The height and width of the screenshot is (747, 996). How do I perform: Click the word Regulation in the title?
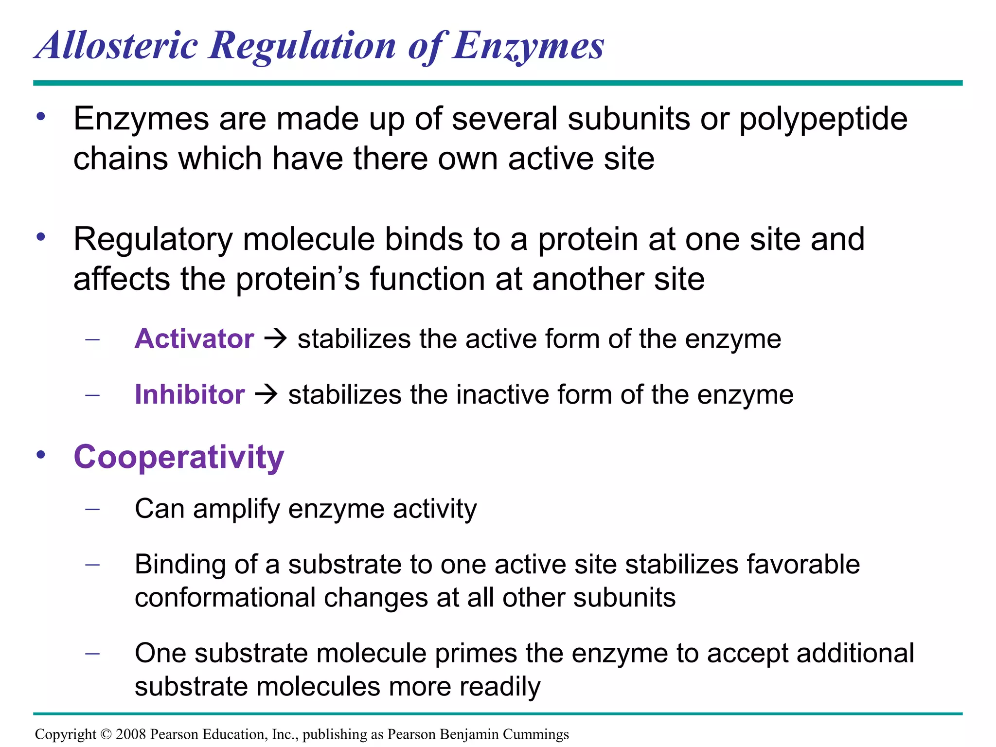(302, 46)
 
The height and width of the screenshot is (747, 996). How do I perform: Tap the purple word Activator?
(194, 338)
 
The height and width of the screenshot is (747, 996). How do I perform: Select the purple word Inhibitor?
(190, 394)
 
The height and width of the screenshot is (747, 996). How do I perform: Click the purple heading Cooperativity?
(178, 457)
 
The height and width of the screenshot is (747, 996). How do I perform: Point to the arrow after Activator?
(275, 338)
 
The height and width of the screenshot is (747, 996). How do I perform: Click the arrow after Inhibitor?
(266, 394)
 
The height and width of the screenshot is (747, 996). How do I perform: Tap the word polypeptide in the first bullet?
(823, 119)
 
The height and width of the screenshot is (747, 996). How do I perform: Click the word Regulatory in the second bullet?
(153, 240)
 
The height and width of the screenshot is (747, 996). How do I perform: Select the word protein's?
(298, 280)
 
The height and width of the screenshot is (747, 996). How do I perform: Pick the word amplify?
(236, 510)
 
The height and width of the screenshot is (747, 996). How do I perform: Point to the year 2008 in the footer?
(131, 734)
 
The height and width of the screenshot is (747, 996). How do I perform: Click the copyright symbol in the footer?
(106, 734)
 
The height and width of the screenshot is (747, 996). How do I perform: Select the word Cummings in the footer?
(535, 734)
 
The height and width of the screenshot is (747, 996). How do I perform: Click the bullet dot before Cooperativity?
(41, 455)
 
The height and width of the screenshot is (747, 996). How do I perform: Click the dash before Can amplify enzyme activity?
(92, 509)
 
